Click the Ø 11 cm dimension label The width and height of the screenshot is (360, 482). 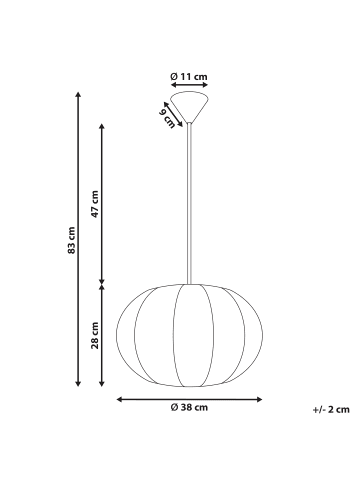click(x=189, y=76)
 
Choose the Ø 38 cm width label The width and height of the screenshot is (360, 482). click(x=188, y=407)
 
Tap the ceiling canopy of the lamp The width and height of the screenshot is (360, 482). click(x=189, y=105)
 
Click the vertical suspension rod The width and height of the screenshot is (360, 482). click(x=189, y=200)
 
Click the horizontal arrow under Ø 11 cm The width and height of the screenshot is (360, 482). click(x=189, y=87)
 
